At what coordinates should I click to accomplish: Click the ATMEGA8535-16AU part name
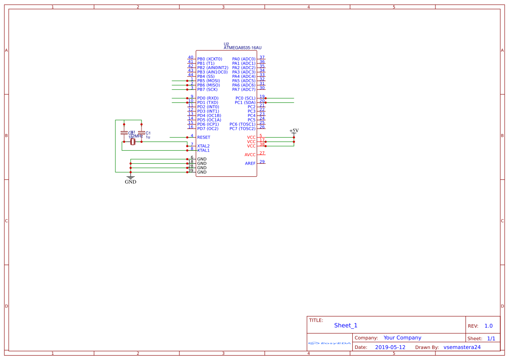point(243,48)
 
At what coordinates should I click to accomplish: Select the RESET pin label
point(203,138)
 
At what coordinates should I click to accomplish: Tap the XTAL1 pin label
point(203,151)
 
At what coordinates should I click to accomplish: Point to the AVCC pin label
point(250,155)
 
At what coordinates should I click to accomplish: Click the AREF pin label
point(250,164)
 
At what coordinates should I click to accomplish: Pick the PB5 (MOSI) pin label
point(209,81)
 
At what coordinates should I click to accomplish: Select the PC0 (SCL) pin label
point(246,98)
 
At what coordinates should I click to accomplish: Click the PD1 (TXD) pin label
point(208,103)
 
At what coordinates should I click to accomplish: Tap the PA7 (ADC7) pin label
point(244,90)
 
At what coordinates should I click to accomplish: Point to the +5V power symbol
point(294,131)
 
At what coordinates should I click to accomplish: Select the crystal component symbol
point(133,142)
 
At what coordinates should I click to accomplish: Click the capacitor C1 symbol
point(141,133)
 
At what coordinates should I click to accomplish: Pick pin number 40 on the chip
point(190,57)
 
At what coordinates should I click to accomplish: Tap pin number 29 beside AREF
point(262,162)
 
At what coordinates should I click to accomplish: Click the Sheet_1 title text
point(346,326)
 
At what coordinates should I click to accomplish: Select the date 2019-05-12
point(390,347)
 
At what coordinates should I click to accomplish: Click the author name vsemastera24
point(462,347)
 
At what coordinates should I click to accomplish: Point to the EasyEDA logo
point(329,343)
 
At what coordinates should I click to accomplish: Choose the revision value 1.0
point(489,326)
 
